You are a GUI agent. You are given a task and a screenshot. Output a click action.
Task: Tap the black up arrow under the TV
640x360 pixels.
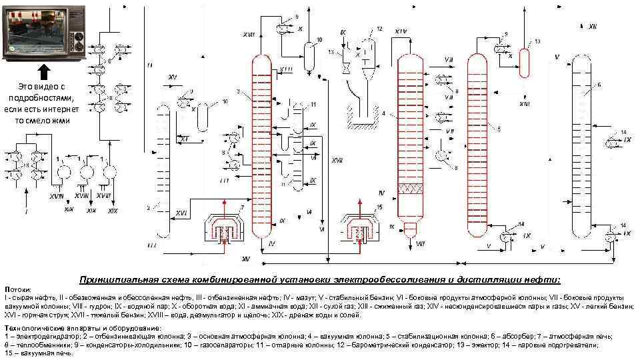point(43,71)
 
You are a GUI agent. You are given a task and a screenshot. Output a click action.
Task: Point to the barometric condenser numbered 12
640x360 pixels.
point(364,51)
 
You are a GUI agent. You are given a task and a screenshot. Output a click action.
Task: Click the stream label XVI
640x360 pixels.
point(181,212)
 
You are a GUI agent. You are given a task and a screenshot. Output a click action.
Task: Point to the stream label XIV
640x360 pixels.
point(401,31)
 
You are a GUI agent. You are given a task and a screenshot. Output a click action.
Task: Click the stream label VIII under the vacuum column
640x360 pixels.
point(420,245)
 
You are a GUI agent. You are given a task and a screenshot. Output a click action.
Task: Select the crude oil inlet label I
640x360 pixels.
point(26,212)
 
